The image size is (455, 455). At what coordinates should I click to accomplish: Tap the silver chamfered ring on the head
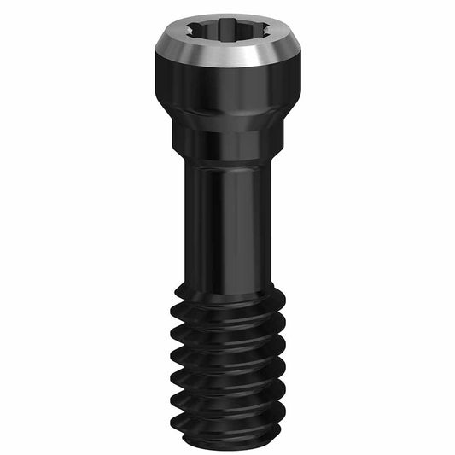pyautogui.click(x=227, y=54)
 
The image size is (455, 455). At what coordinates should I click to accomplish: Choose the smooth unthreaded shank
pyautogui.click(x=227, y=222)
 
